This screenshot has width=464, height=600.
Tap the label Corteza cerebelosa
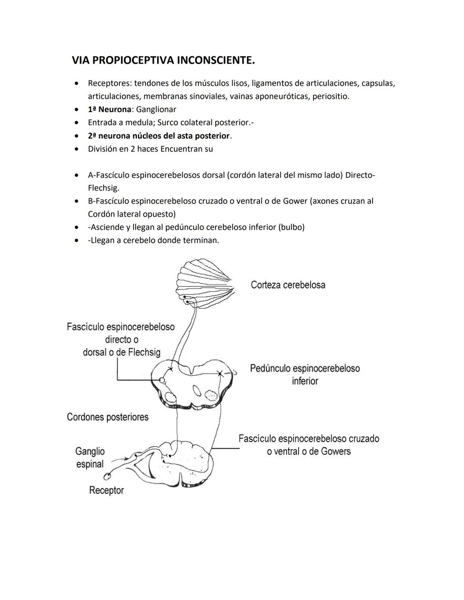[288, 285]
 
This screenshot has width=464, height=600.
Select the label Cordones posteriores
[107, 417]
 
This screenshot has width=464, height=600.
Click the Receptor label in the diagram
[106, 490]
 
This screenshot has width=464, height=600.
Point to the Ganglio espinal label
[90, 457]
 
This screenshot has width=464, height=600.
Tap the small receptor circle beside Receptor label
[107, 476]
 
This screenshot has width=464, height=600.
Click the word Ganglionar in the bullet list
[156, 110]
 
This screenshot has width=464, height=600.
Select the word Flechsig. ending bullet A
[104, 188]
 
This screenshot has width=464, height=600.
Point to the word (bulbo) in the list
[292, 227]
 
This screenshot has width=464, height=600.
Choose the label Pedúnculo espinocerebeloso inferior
[305, 375]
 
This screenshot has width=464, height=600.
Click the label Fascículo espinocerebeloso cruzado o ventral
[308, 445]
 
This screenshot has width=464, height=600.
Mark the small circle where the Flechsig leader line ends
[162, 380]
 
